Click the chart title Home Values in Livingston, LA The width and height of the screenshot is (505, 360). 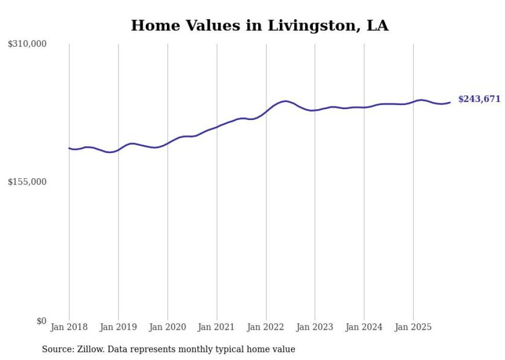pos(260,25)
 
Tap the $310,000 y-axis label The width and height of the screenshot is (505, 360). pos(27,44)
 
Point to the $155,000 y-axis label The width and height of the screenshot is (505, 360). pos(27,182)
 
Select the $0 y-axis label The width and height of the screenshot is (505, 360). pos(41,321)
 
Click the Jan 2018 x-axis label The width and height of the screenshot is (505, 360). pos(69,327)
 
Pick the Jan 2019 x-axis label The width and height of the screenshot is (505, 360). pos(118,327)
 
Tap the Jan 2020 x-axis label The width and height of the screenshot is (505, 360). pos(167,327)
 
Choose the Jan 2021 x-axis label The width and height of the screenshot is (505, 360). pos(216,327)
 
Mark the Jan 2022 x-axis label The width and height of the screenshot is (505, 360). pos(266,327)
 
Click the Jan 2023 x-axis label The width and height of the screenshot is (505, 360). pos(315,327)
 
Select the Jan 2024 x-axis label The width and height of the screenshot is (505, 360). pos(364,327)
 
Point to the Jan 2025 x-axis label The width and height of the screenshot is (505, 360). pos(413,327)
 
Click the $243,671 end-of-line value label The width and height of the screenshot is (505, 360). pos(479,99)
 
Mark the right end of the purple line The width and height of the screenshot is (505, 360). pos(450,102)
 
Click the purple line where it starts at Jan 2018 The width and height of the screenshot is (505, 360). pos(70,148)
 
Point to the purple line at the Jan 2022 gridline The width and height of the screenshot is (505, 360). pos(266,111)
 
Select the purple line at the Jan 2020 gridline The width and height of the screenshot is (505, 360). pos(167,143)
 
